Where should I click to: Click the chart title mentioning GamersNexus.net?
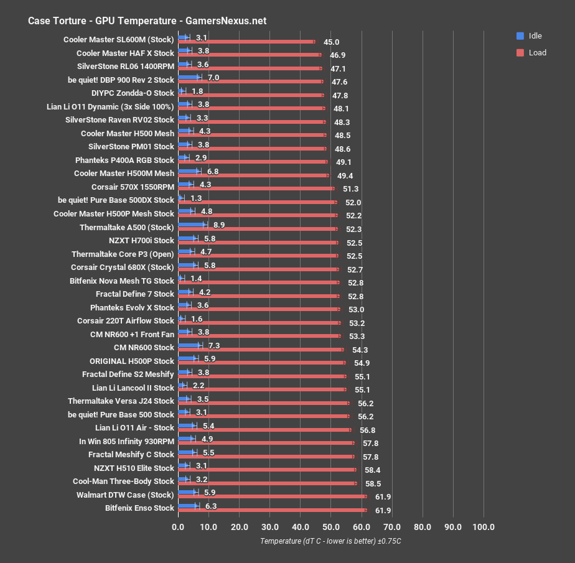[x=147, y=21]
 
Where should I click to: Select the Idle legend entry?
[x=535, y=35]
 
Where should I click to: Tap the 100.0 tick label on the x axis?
[x=484, y=528]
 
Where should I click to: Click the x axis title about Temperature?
[x=330, y=541]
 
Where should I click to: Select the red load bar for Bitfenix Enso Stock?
[x=272, y=510]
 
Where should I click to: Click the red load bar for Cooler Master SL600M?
[x=246, y=42]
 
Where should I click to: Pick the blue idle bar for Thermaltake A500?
[x=192, y=225]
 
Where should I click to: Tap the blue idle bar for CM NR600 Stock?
[x=189, y=345]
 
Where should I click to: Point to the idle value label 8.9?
[x=218, y=225]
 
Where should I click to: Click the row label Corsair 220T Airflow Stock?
[x=126, y=320]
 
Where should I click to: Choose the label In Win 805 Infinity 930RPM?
[x=126, y=441]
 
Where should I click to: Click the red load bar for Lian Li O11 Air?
[x=264, y=430]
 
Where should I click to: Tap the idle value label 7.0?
[x=213, y=78]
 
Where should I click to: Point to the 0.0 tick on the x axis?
[x=178, y=528]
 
